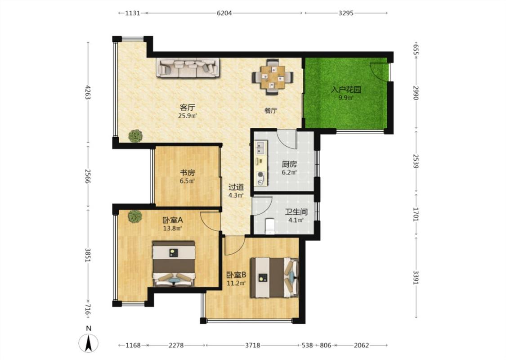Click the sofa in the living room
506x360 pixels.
click(188, 67)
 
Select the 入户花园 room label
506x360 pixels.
click(345, 90)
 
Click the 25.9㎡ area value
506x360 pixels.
click(188, 115)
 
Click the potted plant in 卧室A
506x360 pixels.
click(135, 216)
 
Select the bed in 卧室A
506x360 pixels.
click(174, 263)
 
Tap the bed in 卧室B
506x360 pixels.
click(275, 277)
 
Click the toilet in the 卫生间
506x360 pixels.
click(269, 226)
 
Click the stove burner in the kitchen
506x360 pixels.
click(260, 176)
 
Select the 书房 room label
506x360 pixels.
click(187, 173)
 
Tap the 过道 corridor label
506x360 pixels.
click(236, 187)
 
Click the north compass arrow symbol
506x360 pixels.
click(89, 343)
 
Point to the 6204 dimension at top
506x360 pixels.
click(224, 13)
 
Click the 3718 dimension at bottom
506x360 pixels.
click(252, 345)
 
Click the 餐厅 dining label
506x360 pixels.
click(271, 111)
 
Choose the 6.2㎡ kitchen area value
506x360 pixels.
click(289, 172)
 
